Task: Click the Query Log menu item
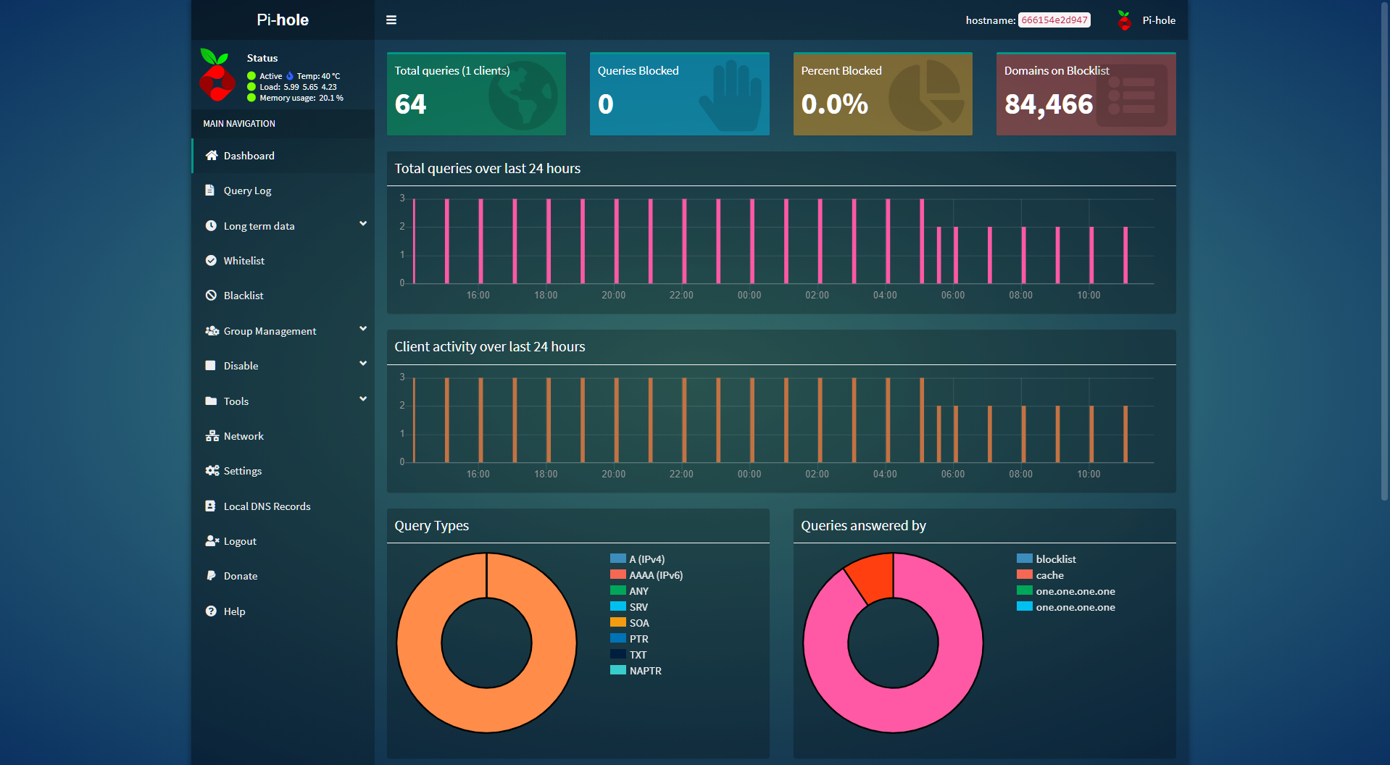pyautogui.click(x=247, y=191)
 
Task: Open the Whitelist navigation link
pyautogui.click(x=244, y=261)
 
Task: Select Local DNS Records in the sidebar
pyautogui.click(x=267, y=506)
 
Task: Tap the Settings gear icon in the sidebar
pyautogui.click(x=212, y=471)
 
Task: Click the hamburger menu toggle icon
pyautogui.click(x=391, y=20)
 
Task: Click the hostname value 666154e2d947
pyautogui.click(x=1054, y=20)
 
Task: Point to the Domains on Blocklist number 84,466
pyautogui.click(x=1048, y=104)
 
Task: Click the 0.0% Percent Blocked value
pyautogui.click(x=834, y=104)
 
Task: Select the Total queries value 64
pyautogui.click(x=410, y=104)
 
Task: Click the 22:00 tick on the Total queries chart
pyautogui.click(x=681, y=296)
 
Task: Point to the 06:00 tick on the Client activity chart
pyautogui.click(x=952, y=475)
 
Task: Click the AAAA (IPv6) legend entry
pyautogui.click(x=655, y=575)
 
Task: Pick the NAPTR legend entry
pyautogui.click(x=645, y=671)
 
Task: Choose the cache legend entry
pyautogui.click(x=1049, y=575)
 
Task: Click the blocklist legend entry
pyautogui.click(x=1055, y=559)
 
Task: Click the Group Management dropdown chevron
pyautogui.click(x=363, y=329)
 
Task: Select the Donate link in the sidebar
pyautogui.click(x=240, y=576)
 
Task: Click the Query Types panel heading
pyautogui.click(x=431, y=526)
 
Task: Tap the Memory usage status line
pyautogui.click(x=301, y=98)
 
